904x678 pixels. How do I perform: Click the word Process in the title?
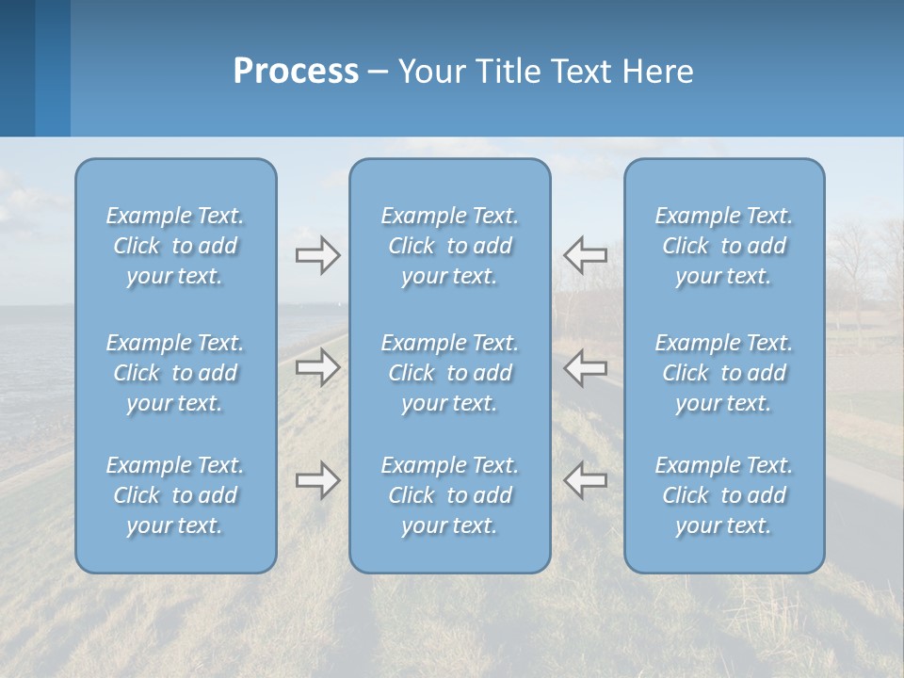tap(296, 72)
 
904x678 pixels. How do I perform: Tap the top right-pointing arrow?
tap(317, 255)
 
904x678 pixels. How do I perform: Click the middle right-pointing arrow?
tap(317, 367)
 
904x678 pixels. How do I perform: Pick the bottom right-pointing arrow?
tap(317, 480)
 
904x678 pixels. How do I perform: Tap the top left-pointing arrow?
tap(585, 255)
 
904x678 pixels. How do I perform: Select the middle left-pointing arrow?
tap(585, 367)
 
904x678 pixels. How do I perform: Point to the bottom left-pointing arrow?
tap(585, 480)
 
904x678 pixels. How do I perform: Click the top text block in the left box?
tap(175, 246)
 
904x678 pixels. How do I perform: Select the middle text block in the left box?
tap(175, 373)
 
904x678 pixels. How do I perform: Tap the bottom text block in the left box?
tap(175, 495)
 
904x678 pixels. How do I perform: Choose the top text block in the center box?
tap(450, 246)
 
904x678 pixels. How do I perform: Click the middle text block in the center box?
tap(450, 373)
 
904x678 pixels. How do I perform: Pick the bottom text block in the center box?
tap(450, 495)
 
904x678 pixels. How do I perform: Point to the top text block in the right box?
tap(724, 246)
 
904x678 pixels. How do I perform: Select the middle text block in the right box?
tap(724, 373)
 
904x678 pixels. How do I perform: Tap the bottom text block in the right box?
tap(724, 495)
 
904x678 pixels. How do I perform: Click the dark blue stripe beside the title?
tap(17, 68)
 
